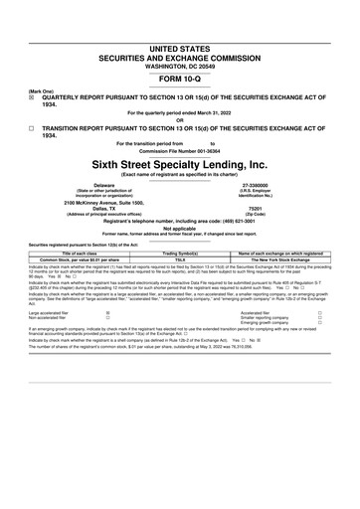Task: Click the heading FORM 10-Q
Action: click(179, 52)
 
